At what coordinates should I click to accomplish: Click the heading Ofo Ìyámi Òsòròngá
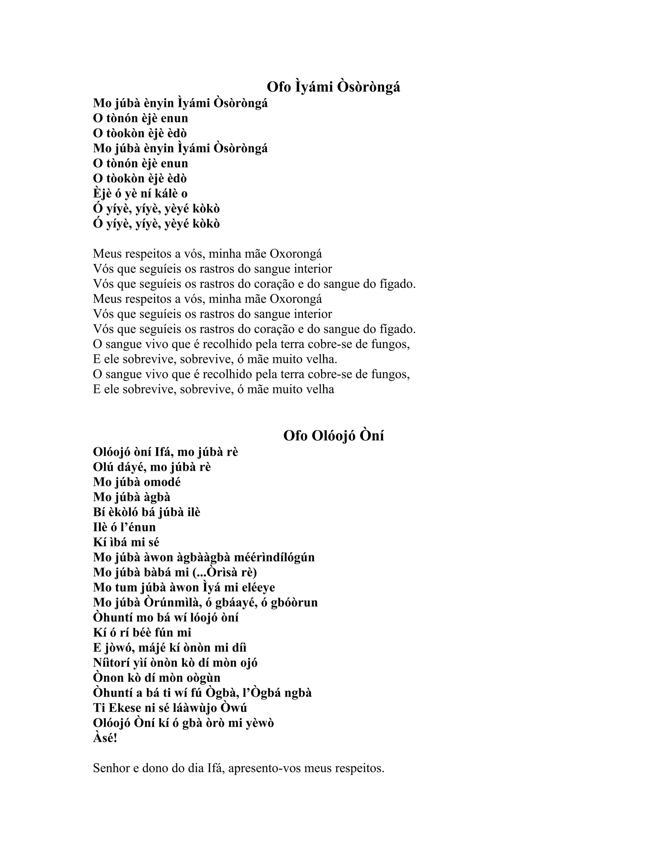click(x=333, y=87)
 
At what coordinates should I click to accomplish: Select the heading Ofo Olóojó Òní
click(x=333, y=436)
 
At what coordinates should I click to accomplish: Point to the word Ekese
click(x=126, y=708)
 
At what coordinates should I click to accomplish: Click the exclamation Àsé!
click(x=105, y=738)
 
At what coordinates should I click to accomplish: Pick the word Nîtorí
click(x=115, y=663)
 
